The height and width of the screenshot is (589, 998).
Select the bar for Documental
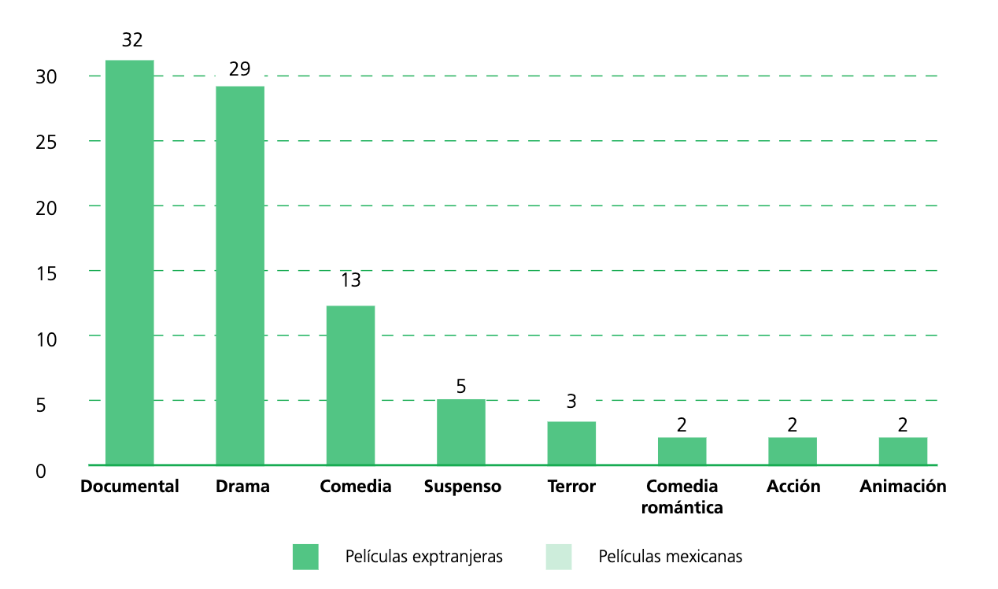129,262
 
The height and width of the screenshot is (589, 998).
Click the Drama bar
240,276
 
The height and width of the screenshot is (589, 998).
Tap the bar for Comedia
350,385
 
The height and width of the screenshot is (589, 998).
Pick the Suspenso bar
461,432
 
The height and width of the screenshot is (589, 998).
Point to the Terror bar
571,443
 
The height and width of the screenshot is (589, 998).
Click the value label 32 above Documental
132,40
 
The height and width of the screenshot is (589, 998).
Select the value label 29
240,69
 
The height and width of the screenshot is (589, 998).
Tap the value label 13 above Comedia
350,281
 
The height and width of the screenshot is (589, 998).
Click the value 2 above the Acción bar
793,425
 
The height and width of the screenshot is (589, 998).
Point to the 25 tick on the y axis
46,143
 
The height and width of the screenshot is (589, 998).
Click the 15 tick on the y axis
46,274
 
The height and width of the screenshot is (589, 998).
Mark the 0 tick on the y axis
41,471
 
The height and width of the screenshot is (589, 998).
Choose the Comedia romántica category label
682,497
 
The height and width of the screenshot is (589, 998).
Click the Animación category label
903,487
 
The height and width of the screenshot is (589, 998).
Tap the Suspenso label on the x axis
462,487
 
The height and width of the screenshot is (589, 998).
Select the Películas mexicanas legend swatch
558,557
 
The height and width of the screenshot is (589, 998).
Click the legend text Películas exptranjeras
423,557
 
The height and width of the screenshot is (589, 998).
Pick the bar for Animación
903,450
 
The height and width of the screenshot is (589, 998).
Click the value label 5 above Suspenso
461,387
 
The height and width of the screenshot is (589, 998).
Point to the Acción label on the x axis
793,487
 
